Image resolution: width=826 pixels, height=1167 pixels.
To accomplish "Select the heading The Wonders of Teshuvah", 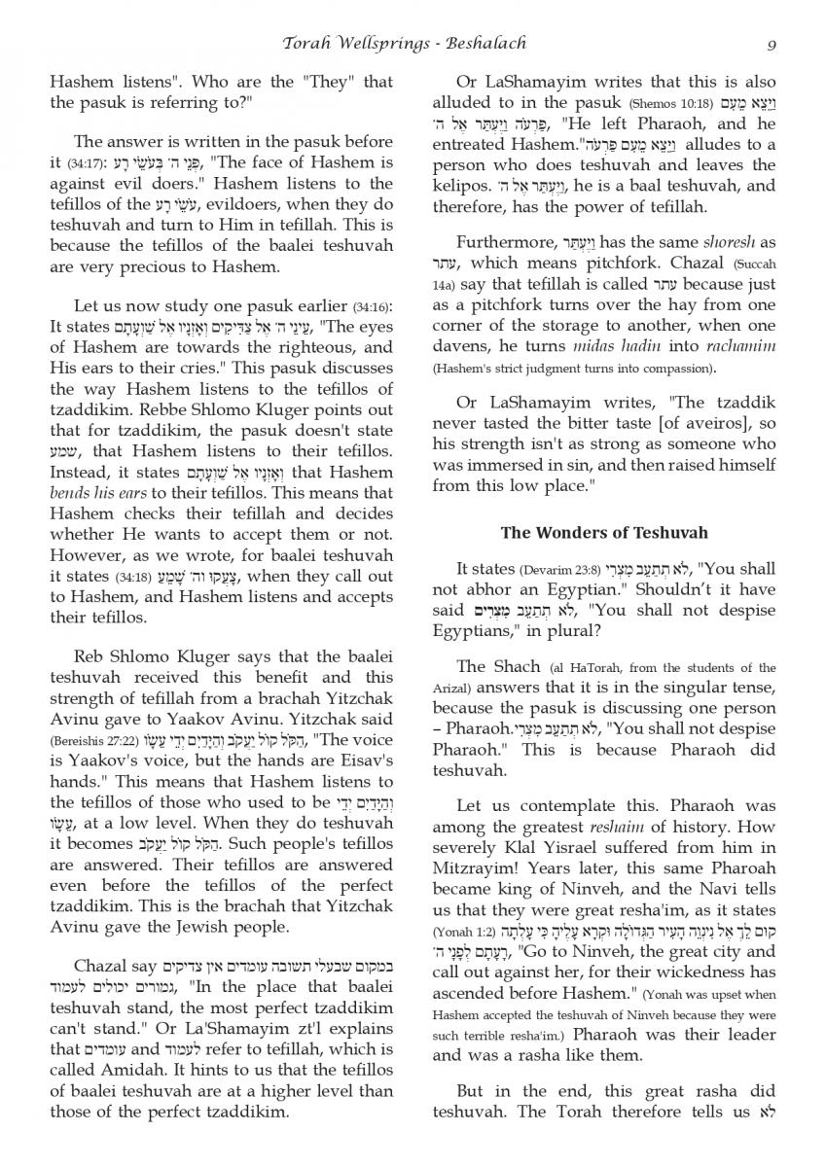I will click(604, 533).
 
